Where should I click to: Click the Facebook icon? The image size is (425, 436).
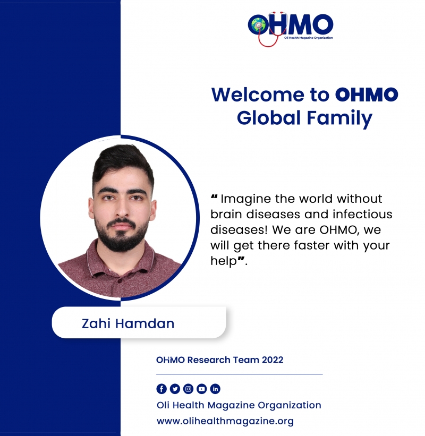(x=161, y=389)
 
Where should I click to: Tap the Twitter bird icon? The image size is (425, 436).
(x=175, y=389)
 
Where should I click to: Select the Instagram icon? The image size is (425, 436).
(x=188, y=389)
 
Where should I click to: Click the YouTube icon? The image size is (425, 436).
(x=202, y=389)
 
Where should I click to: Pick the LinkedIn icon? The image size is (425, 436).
(x=215, y=389)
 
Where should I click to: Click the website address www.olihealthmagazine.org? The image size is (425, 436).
(x=225, y=421)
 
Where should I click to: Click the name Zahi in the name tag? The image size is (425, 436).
(x=96, y=323)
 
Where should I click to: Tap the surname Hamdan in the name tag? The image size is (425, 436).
(x=144, y=323)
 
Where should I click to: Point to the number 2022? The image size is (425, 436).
(x=273, y=360)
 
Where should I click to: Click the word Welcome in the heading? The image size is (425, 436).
(x=258, y=95)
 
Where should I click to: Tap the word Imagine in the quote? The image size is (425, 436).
(x=246, y=199)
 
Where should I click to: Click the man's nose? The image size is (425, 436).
(x=122, y=209)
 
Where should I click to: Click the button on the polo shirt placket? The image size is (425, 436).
(x=120, y=281)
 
